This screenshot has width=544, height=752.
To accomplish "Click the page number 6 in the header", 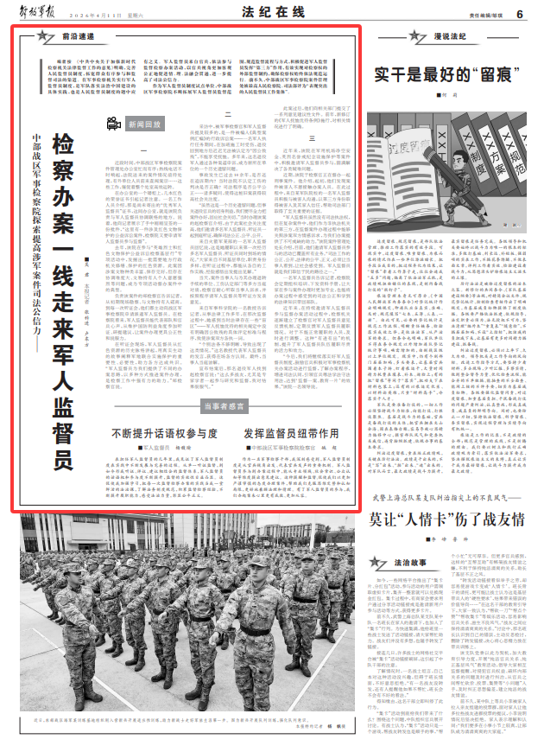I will point(521,13).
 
